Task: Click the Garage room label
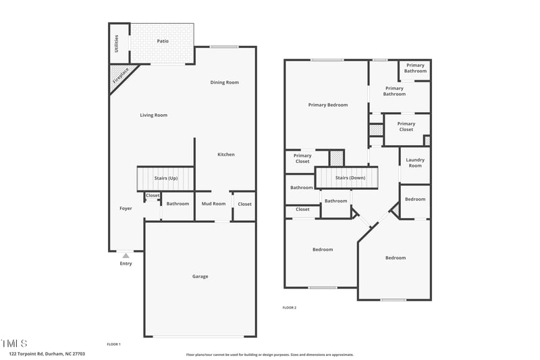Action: coord(200,276)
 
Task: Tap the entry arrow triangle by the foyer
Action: coord(126,255)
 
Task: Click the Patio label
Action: coord(163,41)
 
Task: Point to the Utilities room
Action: coord(117,43)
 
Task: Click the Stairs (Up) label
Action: coord(165,178)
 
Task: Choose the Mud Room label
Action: coord(213,203)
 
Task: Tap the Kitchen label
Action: coord(226,155)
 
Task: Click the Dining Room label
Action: coord(225,82)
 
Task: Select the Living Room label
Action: coord(153,115)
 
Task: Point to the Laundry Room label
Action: coord(415,163)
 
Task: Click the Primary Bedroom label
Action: coord(328,105)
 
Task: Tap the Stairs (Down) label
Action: coord(350,178)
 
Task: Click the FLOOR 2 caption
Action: coord(289,307)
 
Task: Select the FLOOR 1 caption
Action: coord(113,344)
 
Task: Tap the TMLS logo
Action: coord(14,343)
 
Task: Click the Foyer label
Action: coord(126,209)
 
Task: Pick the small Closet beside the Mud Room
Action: coord(244,204)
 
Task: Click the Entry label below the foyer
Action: coord(126,263)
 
